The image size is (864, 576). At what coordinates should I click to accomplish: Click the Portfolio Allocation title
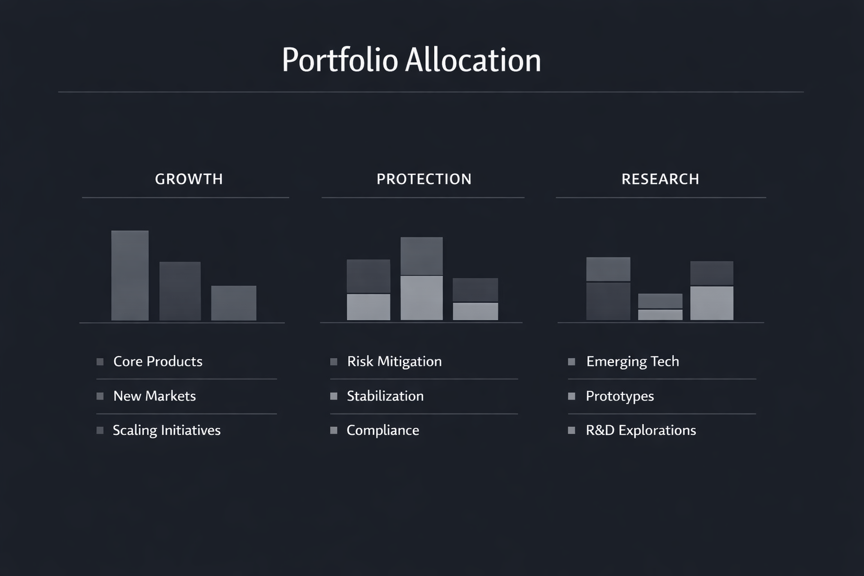click(x=411, y=60)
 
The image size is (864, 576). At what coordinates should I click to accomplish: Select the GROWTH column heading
click(x=189, y=179)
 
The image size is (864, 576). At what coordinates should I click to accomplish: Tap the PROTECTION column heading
click(x=424, y=179)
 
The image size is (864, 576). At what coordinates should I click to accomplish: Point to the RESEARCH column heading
click(x=660, y=179)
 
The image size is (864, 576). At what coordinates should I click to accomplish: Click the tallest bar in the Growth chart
click(x=130, y=276)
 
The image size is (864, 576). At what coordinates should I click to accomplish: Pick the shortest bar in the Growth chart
click(x=233, y=303)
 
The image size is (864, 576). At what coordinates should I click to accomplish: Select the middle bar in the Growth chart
click(x=180, y=291)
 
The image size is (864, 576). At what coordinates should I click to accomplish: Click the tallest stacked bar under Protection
click(x=422, y=278)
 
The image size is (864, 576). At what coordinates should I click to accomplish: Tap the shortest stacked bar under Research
click(x=660, y=307)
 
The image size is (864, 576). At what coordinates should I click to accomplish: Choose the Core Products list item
click(x=157, y=361)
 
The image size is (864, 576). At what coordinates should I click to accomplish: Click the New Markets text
click(x=155, y=396)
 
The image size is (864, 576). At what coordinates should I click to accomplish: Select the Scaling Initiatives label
click(x=166, y=430)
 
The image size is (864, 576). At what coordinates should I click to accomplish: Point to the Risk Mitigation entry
click(x=394, y=361)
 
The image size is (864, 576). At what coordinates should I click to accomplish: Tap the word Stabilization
click(x=385, y=396)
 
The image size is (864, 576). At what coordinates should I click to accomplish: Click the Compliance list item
click(x=383, y=430)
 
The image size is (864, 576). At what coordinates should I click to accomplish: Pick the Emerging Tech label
click(x=633, y=361)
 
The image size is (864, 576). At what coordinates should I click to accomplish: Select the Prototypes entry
click(x=620, y=396)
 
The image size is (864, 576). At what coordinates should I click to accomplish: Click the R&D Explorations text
click(x=641, y=430)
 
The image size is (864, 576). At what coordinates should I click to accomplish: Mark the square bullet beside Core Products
click(x=100, y=362)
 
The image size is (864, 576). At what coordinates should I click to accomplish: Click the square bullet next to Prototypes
click(x=571, y=396)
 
